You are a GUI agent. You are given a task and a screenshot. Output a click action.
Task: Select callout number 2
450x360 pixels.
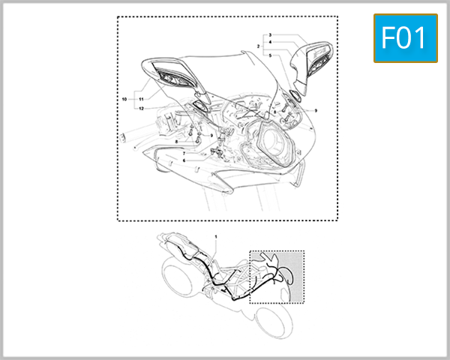[258, 46]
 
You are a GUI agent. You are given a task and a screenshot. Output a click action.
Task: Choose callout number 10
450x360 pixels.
[124, 98]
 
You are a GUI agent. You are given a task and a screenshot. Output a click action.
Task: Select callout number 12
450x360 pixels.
[140, 108]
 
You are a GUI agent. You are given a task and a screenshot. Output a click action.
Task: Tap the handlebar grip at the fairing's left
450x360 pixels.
[119, 137]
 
